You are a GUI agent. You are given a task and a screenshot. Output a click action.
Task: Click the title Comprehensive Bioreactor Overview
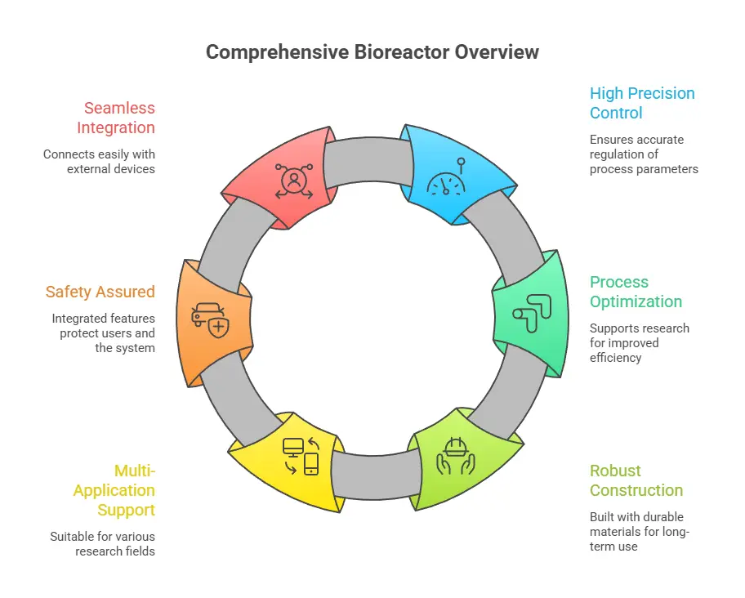click(x=372, y=52)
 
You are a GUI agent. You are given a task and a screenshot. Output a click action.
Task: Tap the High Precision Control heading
click(x=642, y=103)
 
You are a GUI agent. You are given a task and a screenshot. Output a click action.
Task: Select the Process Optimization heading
click(x=636, y=292)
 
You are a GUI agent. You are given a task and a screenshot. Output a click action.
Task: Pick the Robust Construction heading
click(x=636, y=480)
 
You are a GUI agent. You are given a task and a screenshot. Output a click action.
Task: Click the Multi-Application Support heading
click(x=114, y=490)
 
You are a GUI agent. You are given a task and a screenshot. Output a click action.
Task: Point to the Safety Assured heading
click(x=100, y=292)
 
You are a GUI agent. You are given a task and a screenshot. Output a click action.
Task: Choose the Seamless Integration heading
click(x=115, y=118)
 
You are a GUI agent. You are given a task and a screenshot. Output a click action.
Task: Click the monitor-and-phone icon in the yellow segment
click(x=300, y=456)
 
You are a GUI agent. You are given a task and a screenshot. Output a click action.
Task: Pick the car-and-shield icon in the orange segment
click(x=210, y=320)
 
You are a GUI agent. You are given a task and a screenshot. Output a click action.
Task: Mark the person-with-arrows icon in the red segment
click(x=292, y=181)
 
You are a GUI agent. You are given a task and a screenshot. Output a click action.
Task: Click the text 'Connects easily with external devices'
click(x=99, y=162)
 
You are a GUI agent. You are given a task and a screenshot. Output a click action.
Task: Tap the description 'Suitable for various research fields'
click(x=102, y=544)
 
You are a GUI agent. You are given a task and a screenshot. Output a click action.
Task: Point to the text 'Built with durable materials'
click(x=636, y=524)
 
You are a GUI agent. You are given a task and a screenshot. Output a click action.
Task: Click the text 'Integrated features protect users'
click(x=103, y=326)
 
